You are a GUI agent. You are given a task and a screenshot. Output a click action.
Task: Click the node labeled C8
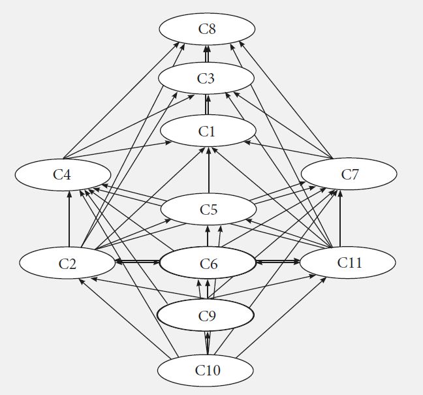[207, 29]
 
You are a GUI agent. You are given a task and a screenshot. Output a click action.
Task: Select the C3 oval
[207, 79]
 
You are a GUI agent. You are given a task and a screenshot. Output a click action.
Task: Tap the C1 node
[207, 131]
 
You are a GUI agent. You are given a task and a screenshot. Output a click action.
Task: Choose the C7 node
[349, 175]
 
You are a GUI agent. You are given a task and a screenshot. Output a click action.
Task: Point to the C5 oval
[208, 210]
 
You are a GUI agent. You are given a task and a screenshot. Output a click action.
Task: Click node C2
[67, 263]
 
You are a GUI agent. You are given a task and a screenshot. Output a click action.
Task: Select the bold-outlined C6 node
[208, 264]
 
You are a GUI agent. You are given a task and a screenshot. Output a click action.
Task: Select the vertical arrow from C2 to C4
[69, 219]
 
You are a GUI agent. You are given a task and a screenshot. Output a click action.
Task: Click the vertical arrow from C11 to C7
[340, 219]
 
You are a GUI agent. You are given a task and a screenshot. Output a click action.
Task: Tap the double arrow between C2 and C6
[137, 261]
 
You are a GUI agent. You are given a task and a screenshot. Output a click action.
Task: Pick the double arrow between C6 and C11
[277, 261]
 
